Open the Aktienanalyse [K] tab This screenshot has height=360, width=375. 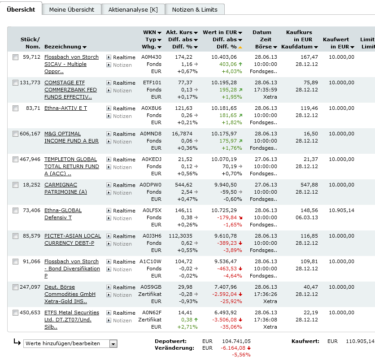pyautogui.click(x=133, y=9)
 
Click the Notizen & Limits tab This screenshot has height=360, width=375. pyautogui.click(x=195, y=9)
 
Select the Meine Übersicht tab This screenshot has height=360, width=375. pyautogui.click(x=72, y=9)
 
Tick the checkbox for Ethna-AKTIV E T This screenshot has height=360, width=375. pyautogui.click(x=16, y=108)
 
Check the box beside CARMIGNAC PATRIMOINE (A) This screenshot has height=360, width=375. pyautogui.click(x=16, y=185)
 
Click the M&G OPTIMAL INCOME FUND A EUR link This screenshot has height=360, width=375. pyautogui.click(x=71, y=137)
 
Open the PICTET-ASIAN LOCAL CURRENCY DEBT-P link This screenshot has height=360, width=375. pyautogui.click(x=72, y=239)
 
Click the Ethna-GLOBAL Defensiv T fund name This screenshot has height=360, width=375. pyautogui.click(x=63, y=214)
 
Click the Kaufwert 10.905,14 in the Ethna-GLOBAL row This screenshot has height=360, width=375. pyautogui.click(x=341, y=211)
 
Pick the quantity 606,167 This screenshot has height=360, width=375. pyautogui.click(x=30, y=134)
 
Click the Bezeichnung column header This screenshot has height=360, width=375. pyautogui.click(x=65, y=47)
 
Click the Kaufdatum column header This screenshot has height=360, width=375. pyautogui.click(x=299, y=47)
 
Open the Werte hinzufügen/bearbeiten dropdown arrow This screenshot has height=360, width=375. pyautogui.click(x=113, y=344)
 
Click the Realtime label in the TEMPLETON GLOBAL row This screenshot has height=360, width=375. pyautogui.click(x=124, y=160)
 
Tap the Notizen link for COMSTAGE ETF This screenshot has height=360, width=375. pyautogui.click(x=122, y=91)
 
